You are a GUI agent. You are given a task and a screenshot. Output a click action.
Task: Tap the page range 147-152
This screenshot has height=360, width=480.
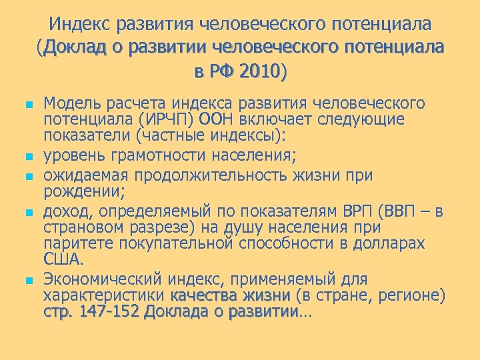106,311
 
